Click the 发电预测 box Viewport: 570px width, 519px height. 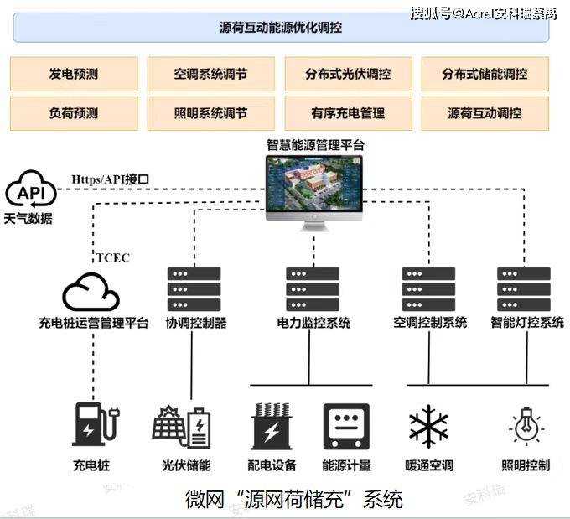pos(74,74)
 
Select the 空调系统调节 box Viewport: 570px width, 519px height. pos(211,74)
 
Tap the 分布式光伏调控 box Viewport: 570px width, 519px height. pos(348,74)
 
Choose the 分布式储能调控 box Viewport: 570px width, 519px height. pos(485,74)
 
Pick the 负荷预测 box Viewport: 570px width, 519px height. pos(74,113)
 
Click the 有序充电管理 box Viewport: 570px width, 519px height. pos(348,113)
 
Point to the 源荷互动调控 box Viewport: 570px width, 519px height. pos(485,113)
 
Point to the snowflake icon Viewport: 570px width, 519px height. pos(428,426)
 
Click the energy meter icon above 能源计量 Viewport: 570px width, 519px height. pos(346,427)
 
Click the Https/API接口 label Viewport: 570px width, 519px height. pos(109,179)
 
